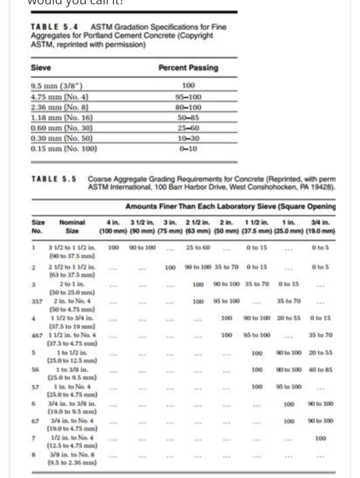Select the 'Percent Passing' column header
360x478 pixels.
click(187, 68)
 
